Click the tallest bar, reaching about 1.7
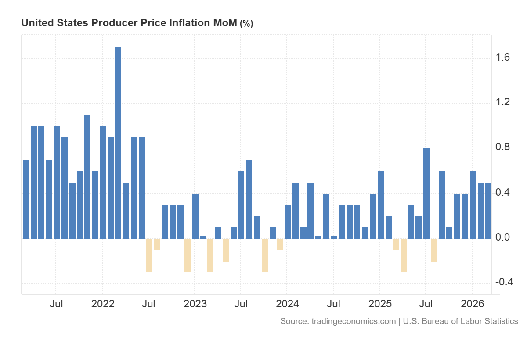pyautogui.click(x=118, y=143)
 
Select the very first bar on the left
pyautogui.click(x=26, y=199)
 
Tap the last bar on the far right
pyautogui.click(x=488, y=211)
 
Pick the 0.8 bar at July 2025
pyautogui.click(x=426, y=194)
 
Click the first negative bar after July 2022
pyautogui.click(x=149, y=256)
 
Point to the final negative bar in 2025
pyautogui.click(x=434, y=250)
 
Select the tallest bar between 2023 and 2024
pyautogui.click(x=249, y=199)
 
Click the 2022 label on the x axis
pyautogui.click(x=102, y=304)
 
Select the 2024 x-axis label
pyautogui.click(x=287, y=304)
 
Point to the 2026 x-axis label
pyautogui.click(x=472, y=304)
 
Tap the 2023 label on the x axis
pyautogui.click(x=195, y=304)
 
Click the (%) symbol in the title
pyautogui.click(x=246, y=24)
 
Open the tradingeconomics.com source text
pyautogui.click(x=354, y=321)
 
